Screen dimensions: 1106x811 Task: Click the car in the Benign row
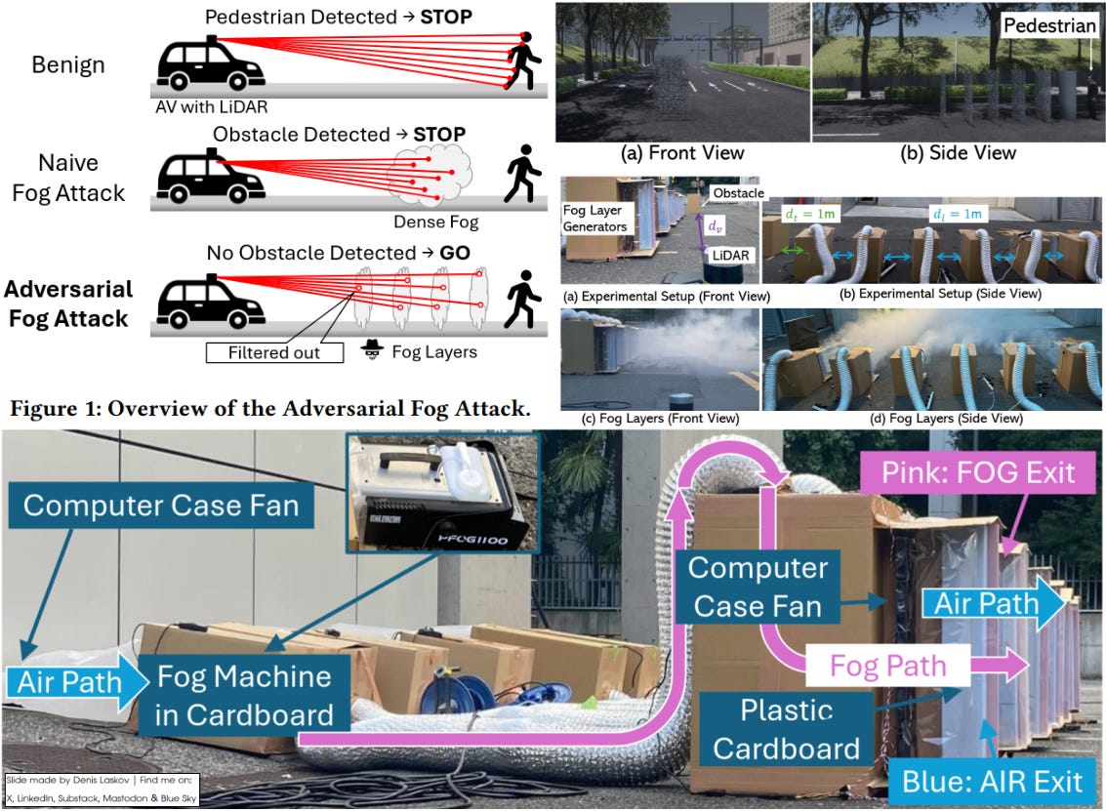click(211, 64)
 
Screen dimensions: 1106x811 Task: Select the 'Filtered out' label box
click(274, 351)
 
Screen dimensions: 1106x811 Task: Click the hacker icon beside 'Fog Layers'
click(372, 348)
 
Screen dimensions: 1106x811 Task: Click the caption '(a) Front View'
click(682, 152)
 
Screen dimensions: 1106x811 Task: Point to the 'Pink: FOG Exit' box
click(978, 473)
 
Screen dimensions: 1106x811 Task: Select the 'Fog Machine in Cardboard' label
click(244, 695)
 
